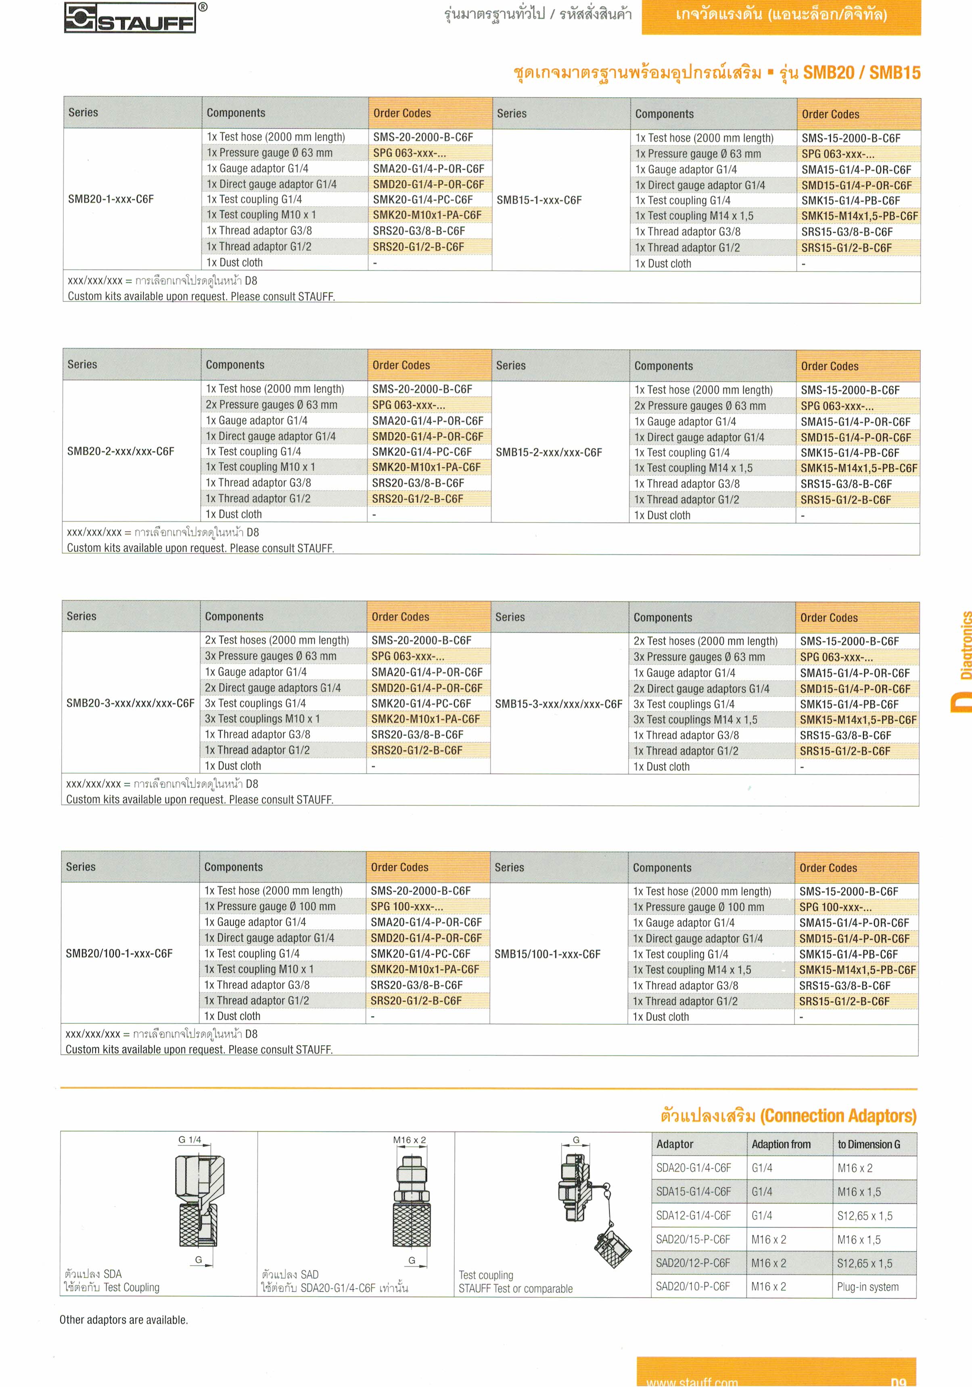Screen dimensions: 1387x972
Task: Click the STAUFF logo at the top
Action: [x=130, y=18]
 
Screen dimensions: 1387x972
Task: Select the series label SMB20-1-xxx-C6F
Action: [x=111, y=199]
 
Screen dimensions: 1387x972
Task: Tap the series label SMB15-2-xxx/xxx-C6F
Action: [x=548, y=452]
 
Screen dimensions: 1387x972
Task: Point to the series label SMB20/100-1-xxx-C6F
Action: [x=119, y=953]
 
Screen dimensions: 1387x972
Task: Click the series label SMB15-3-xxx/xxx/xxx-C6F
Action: [x=558, y=704]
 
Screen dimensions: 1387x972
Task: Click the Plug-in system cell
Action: [x=867, y=1287]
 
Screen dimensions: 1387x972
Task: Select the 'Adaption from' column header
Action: [x=780, y=1144]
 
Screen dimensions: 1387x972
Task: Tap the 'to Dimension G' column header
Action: [x=868, y=1144]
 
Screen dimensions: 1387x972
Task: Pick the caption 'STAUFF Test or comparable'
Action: [x=515, y=1289]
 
